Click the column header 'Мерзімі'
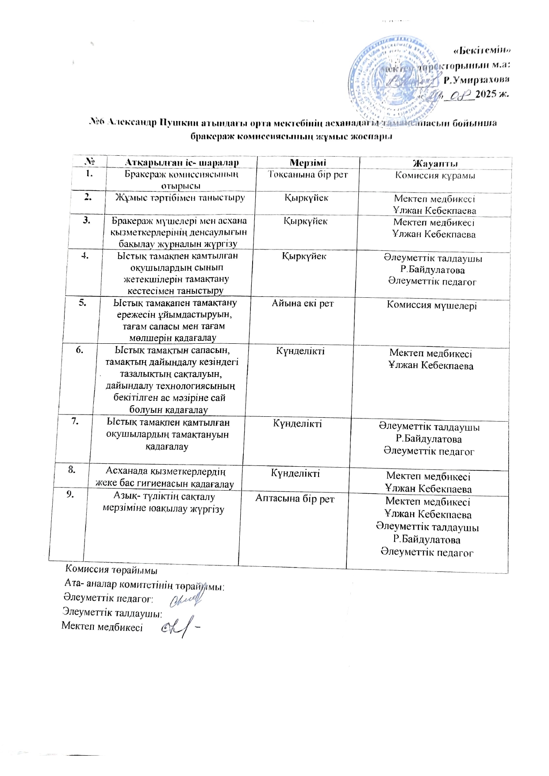coord(307,163)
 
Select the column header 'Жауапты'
coord(435,164)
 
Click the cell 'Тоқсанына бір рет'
coord(308,174)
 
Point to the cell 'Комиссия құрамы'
coord(435,176)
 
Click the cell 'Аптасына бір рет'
coord(295,499)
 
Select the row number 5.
coord(83,303)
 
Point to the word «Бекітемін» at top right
coord(484,50)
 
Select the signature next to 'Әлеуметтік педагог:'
coord(186,599)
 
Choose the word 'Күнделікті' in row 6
coord(300,351)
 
